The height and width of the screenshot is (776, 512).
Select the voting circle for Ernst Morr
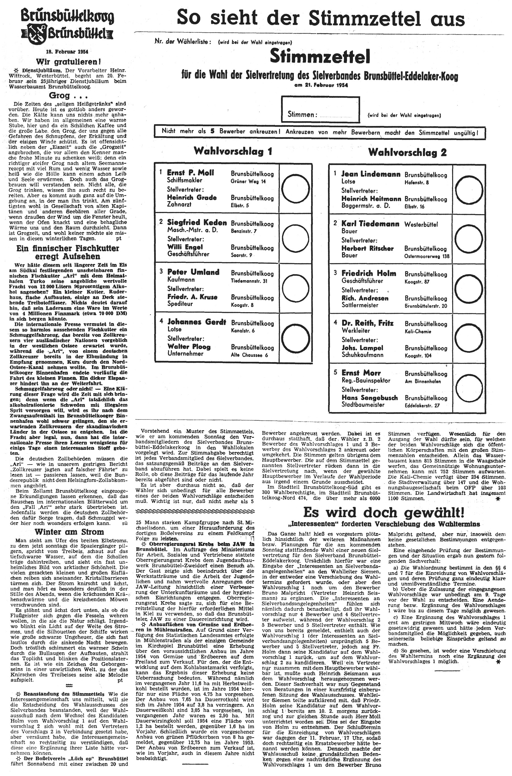(x=469, y=388)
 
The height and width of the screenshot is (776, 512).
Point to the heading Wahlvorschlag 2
(x=407, y=152)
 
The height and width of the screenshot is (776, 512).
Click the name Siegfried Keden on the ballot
(x=197, y=223)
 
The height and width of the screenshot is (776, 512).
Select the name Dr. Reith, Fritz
(x=367, y=323)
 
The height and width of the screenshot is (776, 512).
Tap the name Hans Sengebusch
(x=369, y=398)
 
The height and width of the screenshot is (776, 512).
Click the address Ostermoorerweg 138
(x=427, y=256)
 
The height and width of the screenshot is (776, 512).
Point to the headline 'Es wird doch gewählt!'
(x=383, y=513)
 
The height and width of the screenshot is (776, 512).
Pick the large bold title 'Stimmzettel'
(x=320, y=57)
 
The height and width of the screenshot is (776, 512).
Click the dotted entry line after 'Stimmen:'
(x=336, y=117)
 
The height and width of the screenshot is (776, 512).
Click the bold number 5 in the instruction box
(x=212, y=131)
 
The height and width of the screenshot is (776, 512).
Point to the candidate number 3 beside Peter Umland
(x=161, y=271)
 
